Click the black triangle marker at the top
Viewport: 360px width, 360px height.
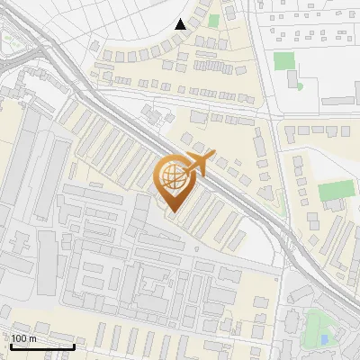[x=180, y=24]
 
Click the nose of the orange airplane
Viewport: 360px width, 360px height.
[x=214, y=155]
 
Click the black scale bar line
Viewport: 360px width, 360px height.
[x=42, y=346]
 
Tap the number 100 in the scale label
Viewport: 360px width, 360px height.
[x=19, y=338]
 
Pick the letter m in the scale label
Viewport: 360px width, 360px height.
[x=32, y=338]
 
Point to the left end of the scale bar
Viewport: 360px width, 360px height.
[x=11, y=346]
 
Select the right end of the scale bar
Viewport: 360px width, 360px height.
[x=74, y=346]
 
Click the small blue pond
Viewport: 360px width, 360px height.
[x=324, y=340]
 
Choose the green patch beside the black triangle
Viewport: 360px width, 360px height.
[x=213, y=20]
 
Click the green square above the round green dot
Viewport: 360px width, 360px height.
[x=283, y=61]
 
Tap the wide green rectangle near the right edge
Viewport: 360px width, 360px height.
[x=336, y=190]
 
